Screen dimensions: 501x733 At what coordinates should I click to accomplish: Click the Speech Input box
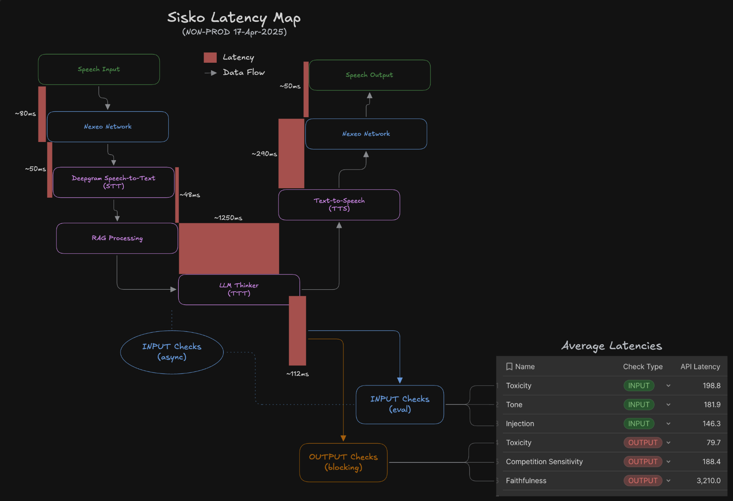tap(99, 69)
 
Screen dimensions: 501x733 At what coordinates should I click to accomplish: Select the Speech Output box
tap(369, 75)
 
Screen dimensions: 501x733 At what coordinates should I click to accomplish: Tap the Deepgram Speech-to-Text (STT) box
tap(113, 182)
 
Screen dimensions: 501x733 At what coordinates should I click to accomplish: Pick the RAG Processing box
tap(117, 238)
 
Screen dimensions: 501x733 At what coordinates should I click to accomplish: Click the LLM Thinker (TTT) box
tap(239, 289)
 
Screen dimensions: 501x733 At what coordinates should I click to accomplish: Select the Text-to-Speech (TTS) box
tap(339, 205)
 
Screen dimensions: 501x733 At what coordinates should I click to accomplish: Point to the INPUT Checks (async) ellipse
tap(172, 352)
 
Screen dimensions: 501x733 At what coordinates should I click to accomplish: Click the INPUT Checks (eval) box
tap(400, 404)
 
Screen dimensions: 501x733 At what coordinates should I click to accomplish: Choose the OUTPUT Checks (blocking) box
tap(343, 462)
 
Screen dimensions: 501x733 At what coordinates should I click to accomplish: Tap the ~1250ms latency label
tap(228, 218)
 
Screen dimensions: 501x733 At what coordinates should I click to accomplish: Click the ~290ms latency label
tap(265, 154)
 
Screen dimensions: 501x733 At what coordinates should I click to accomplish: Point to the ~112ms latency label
tap(298, 374)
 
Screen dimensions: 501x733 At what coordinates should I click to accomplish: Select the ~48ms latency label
tap(190, 195)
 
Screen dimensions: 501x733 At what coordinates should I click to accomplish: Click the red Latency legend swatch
tap(210, 57)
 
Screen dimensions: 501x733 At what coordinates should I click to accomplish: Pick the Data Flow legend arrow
tap(211, 73)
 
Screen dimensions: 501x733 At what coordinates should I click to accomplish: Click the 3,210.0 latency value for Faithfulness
tap(708, 481)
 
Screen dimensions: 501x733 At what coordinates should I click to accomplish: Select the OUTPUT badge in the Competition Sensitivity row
tap(643, 462)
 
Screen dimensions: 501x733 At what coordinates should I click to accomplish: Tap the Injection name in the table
tap(520, 424)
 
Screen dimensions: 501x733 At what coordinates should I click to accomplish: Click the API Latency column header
tap(700, 367)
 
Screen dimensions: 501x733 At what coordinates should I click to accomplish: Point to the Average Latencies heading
tap(611, 346)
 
